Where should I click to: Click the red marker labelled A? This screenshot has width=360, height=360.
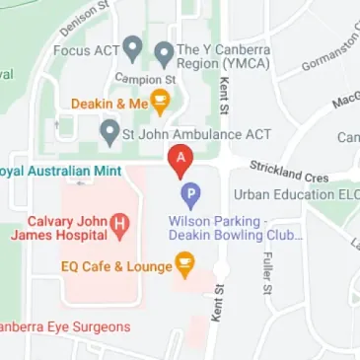pyautogui.click(x=180, y=159)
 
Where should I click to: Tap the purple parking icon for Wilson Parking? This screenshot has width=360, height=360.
pyautogui.click(x=191, y=196)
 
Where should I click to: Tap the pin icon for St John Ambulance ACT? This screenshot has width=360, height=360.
pyautogui.click(x=110, y=131)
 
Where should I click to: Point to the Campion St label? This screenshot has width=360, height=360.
pyautogui.click(x=143, y=77)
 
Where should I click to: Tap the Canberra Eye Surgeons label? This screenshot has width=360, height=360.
pyautogui.click(x=63, y=326)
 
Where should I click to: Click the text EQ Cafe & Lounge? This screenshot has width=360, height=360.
pyautogui.click(x=115, y=264)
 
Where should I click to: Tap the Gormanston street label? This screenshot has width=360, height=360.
pyautogui.click(x=326, y=58)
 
